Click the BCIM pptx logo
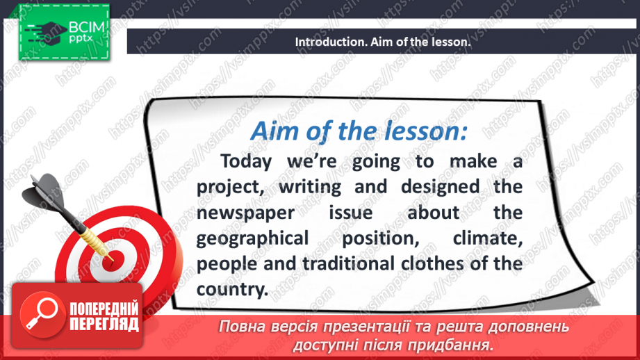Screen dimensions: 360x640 click(x=64, y=33)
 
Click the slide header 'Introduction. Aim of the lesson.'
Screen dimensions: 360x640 click(x=383, y=42)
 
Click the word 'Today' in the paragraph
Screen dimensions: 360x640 click(x=248, y=161)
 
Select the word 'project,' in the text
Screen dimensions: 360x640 click(x=229, y=187)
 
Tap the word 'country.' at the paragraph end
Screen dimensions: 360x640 click(x=231, y=289)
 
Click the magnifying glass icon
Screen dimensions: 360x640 click(x=38, y=313)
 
